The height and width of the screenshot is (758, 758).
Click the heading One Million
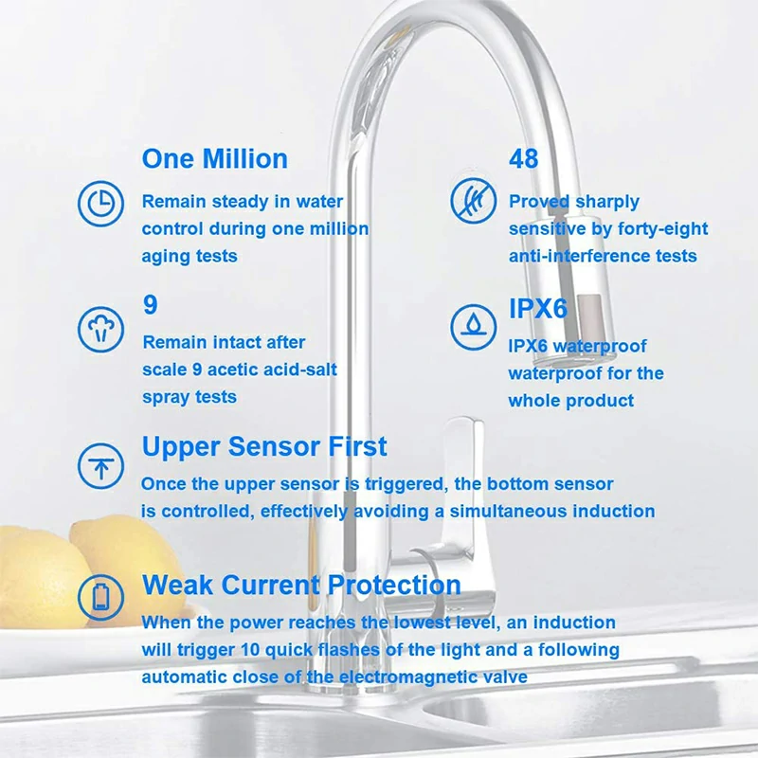point(214,158)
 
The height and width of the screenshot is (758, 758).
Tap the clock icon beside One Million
point(99,204)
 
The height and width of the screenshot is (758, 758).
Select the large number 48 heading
point(524,158)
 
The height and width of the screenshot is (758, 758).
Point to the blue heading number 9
point(150,305)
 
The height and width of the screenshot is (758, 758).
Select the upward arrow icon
point(99,465)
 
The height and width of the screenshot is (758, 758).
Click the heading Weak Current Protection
point(301,585)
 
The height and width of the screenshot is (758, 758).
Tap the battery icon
point(99,596)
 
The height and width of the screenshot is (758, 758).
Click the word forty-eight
point(659,228)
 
